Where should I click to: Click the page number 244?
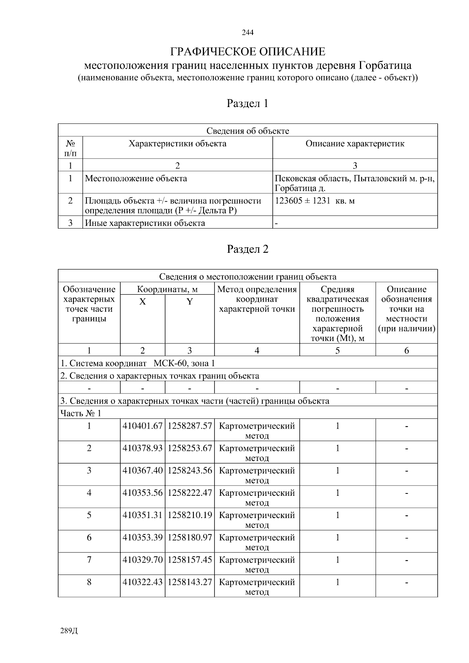[247, 32]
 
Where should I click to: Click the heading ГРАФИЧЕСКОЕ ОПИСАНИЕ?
[247, 52]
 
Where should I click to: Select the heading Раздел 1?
[247, 104]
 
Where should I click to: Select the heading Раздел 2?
[247, 249]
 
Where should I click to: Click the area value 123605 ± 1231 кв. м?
[315, 201]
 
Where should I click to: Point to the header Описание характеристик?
[354, 144]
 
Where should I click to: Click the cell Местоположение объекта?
[136, 179]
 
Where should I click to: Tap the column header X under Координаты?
[143, 302]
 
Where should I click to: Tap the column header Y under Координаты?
[190, 302]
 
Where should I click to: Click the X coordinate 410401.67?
[142, 426]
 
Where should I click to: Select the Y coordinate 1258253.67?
[190, 449]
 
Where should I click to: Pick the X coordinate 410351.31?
[142, 515]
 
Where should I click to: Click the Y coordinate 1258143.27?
[190, 582]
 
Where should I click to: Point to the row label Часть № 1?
[81, 413]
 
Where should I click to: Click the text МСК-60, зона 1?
[184, 363]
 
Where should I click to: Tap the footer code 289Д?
[69, 631]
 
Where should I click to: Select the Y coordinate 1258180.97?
[190, 538]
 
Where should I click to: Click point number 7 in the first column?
[89, 560]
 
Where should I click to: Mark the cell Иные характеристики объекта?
[145, 223]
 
